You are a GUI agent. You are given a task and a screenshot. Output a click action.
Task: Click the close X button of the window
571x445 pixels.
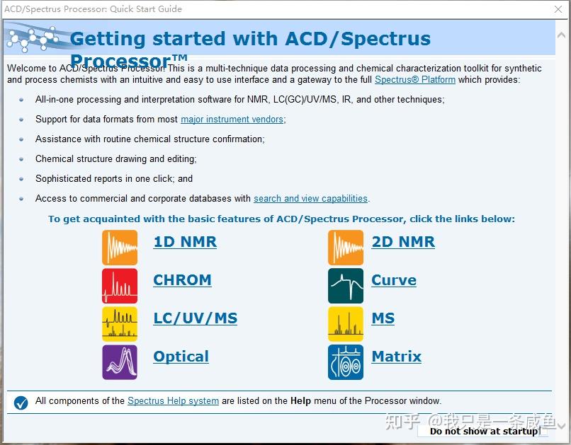click(558, 9)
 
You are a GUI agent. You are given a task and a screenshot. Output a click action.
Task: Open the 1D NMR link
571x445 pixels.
click(185, 242)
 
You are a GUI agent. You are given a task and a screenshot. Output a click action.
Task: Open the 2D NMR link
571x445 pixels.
click(403, 242)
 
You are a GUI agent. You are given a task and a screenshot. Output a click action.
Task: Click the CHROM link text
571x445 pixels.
click(182, 280)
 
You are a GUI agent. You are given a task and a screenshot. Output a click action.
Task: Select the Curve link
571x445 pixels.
click(394, 280)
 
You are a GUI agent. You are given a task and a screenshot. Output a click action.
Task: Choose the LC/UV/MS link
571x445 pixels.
click(195, 318)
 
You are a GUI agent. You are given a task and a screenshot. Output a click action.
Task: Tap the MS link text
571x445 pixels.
click(383, 318)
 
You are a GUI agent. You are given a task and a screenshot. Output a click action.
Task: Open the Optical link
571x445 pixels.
click(181, 357)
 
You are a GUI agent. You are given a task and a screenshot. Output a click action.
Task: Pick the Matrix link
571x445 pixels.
click(396, 357)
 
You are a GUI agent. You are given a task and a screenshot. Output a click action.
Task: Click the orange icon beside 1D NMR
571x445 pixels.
click(120, 248)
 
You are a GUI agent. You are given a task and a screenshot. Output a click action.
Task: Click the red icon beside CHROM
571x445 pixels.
click(120, 286)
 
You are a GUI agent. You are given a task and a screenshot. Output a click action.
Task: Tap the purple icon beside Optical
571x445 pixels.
click(120, 362)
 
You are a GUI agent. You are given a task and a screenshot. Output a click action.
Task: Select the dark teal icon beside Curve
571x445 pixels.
click(346, 286)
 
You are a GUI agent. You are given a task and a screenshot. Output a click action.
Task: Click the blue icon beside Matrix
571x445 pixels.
click(346, 362)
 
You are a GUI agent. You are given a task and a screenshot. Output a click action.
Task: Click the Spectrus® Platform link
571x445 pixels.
click(415, 80)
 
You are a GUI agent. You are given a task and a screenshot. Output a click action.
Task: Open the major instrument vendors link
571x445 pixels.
click(232, 120)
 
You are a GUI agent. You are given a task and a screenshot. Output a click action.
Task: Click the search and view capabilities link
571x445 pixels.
click(310, 199)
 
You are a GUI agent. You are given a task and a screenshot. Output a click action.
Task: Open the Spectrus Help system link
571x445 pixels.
click(173, 401)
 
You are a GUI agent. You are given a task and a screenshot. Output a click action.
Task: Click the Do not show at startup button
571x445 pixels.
click(484, 431)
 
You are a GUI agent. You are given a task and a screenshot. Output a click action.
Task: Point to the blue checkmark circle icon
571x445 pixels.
click(21, 403)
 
